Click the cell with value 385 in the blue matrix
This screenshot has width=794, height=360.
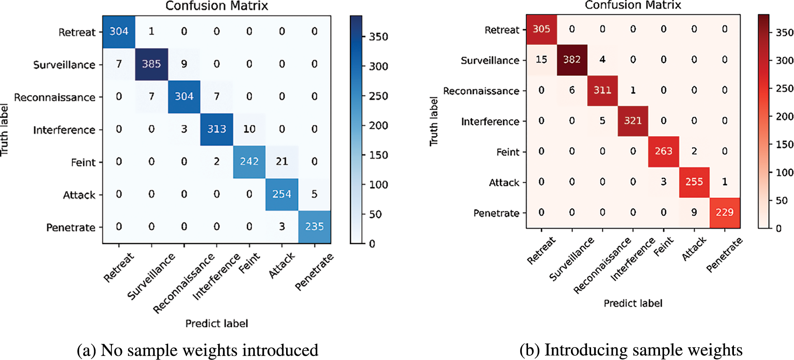coord(151,64)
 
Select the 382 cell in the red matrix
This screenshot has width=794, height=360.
coord(572,60)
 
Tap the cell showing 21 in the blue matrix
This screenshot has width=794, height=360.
coord(282,162)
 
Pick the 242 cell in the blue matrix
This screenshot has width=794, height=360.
coord(249,162)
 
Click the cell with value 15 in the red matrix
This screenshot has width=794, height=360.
coord(541,60)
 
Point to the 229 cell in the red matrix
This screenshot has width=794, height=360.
coord(725,213)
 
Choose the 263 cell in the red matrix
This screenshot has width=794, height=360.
coord(663,151)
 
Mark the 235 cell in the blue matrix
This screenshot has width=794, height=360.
coord(314,227)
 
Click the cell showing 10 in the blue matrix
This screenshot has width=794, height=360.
coord(249,129)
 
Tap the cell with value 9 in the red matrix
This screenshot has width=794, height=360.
coord(694,213)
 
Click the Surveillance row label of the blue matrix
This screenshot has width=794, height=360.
coord(64,65)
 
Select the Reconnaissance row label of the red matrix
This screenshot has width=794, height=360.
coord(481,91)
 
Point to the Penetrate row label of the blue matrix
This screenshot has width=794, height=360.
coord(71,228)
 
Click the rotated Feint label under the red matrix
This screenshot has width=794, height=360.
coord(664,247)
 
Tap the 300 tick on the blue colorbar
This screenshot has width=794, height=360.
coord(378,66)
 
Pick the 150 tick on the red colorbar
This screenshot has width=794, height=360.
coord(784,145)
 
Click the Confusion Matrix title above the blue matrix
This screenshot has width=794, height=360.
coord(216,6)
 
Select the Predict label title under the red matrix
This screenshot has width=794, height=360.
coord(633,303)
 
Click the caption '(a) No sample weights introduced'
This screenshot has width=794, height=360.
coord(197,350)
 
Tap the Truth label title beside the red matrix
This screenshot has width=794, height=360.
coord(434,121)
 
